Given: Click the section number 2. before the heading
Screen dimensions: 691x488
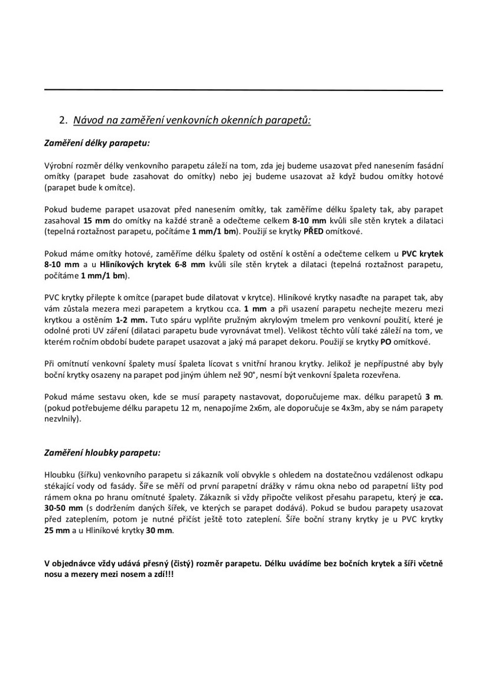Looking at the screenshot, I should [63, 120].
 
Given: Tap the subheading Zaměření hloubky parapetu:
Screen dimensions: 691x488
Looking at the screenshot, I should [103, 453].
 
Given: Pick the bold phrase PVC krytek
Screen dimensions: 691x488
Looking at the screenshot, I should [422, 254].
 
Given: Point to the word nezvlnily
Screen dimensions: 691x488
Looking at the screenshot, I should [62, 419].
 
